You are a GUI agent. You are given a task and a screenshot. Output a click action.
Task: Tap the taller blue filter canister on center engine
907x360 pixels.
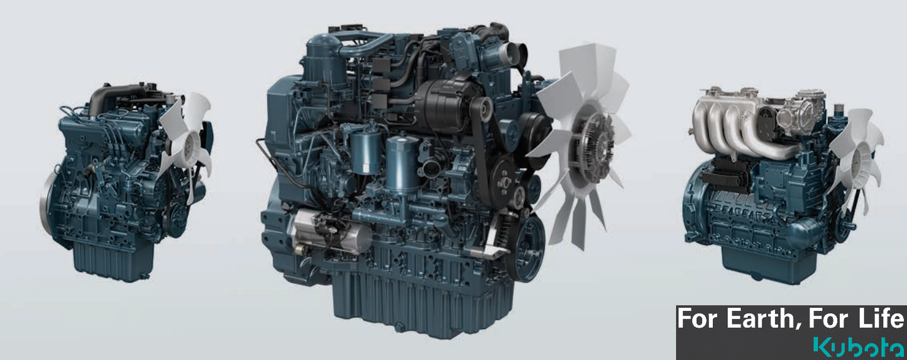click(x=402, y=163)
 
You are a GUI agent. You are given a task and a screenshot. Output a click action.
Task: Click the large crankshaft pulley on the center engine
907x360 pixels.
click(x=525, y=248)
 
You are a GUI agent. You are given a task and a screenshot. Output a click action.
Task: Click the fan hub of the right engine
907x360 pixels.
click(x=859, y=154)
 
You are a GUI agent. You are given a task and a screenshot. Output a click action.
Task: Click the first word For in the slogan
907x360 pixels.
click(x=698, y=320)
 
